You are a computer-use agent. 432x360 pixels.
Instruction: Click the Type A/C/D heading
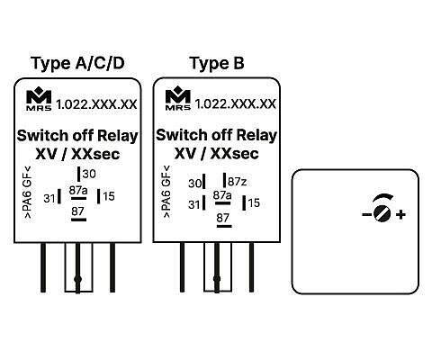tap(77, 64)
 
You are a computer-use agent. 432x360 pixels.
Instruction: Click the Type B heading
tap(217, 64)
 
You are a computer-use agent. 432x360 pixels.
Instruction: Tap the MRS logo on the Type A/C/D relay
tap(39, 99)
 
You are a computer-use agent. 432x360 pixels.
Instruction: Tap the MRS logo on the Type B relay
tap(178, 98)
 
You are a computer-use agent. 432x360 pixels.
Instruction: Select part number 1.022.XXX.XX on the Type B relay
tap(236, 104)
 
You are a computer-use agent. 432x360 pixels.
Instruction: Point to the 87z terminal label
tap(238, 182)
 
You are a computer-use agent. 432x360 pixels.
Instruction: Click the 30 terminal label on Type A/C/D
tap(89, 174)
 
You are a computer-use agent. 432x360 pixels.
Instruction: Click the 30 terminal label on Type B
tap(194, 184)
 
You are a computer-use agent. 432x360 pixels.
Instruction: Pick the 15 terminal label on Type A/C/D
tap(109, 196)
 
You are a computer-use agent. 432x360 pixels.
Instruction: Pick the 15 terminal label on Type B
tap(254, 203)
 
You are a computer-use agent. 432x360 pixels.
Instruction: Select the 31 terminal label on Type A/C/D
tap(49, 198)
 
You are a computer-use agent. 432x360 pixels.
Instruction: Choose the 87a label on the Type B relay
tap(222, 195)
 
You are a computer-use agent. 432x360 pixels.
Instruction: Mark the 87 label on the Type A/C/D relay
tap(77, 211)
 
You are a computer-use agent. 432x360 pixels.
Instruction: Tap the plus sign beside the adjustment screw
tap(400, 214)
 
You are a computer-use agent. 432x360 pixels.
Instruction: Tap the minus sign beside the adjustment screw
tap(366, 214)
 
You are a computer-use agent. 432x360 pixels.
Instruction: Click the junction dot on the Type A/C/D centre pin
tap(77, 279)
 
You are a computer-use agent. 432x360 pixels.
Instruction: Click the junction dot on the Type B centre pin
tap(217, 279)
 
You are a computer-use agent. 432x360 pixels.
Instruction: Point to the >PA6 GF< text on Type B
tap(166, 192)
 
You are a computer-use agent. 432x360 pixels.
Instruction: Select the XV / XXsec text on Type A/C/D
tap(77, 155)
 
